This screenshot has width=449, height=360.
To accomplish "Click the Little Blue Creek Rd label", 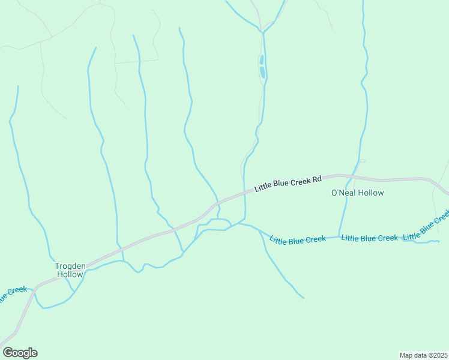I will click(289, 183).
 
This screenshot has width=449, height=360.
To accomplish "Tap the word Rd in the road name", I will click(318, 179).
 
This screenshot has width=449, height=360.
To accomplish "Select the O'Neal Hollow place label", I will click(357, 193).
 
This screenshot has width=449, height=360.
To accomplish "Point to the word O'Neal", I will click(344, 193).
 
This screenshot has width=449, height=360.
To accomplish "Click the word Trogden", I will click(71, 266).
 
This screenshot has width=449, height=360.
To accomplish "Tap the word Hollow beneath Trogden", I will click(70, 274).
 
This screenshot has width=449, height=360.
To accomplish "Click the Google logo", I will click(20, 353).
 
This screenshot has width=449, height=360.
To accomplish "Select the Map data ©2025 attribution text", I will click(423, 355).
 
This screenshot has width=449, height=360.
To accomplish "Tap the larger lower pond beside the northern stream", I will click(262, 73).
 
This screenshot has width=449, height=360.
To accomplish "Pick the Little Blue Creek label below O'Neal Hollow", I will click(369, 238).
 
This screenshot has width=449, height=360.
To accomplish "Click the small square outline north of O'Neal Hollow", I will click(363, 161).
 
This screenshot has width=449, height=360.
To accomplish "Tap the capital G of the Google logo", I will click(8, 353).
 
